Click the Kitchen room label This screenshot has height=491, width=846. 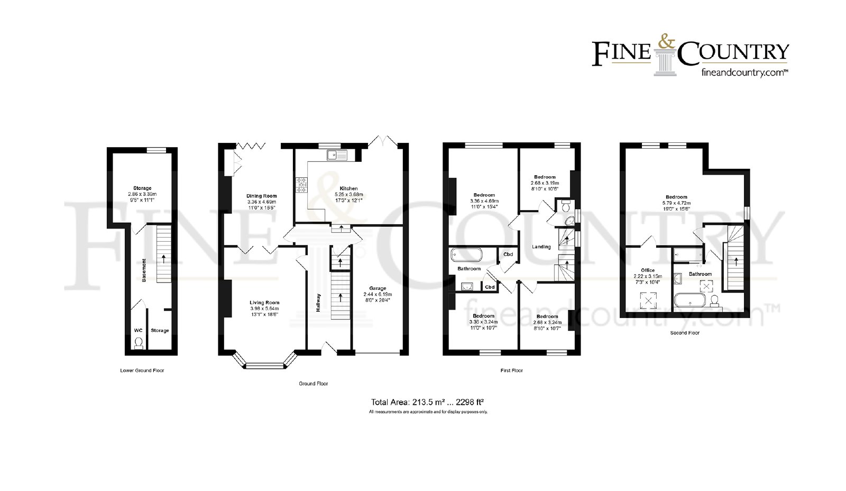(x=348, y=188)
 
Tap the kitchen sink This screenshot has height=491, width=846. (x=337, y=154)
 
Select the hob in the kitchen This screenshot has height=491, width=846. (x=301, y=185)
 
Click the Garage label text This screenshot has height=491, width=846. (x=378, y=288)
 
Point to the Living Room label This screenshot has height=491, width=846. (x=264, y=303)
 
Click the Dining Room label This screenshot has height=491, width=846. (x=261, y=196)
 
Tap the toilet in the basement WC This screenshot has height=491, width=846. (x=139, y=343)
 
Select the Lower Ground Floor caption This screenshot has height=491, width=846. (x=142, y=370)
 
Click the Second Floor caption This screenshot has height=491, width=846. (x=685, y=333)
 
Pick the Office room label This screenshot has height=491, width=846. (x=648, y=270)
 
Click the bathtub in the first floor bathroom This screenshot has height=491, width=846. (x=466, y=255)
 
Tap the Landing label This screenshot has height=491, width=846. (x=541, y=247)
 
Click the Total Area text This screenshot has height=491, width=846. (x=427, y=402)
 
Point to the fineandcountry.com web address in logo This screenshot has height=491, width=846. (x=744, y=72)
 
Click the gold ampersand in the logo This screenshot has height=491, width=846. (x=667, y=42)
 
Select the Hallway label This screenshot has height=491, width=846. (x=318, y=303)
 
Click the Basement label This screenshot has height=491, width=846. (x=144, y=270)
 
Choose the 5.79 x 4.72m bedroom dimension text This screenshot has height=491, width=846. (x=676, y=203)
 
